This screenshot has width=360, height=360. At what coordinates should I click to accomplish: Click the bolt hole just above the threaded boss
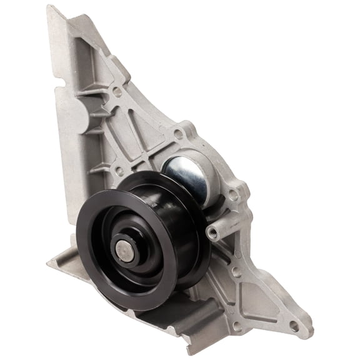tap(234, 194)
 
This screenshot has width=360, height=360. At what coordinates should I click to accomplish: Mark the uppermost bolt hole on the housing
tap(117, 91)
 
